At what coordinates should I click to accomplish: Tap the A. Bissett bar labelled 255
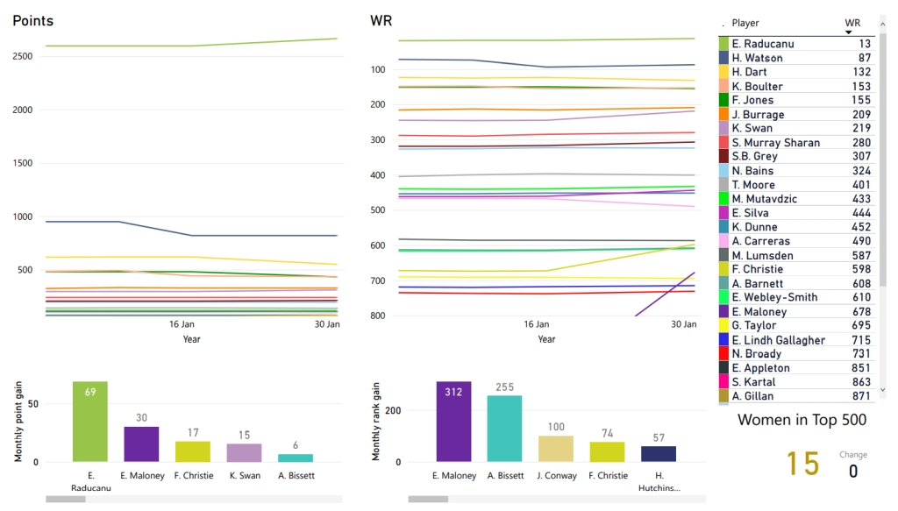click(504, 429)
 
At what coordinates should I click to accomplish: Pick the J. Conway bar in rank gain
click(555, 449)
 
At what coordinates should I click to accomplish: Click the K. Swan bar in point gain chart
click(244, 452)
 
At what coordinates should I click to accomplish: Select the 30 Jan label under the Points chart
click(327, 324)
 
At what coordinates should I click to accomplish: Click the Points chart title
click(32, 21)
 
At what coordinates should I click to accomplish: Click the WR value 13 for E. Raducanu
click(865, 44)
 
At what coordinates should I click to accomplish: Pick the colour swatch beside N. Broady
click(723, 354)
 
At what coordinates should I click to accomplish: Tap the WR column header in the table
click(852, 23)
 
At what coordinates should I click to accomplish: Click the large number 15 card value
click(802, 464)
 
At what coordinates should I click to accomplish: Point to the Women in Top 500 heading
click(802, 420)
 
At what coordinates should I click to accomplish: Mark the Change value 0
click(852, 472)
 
